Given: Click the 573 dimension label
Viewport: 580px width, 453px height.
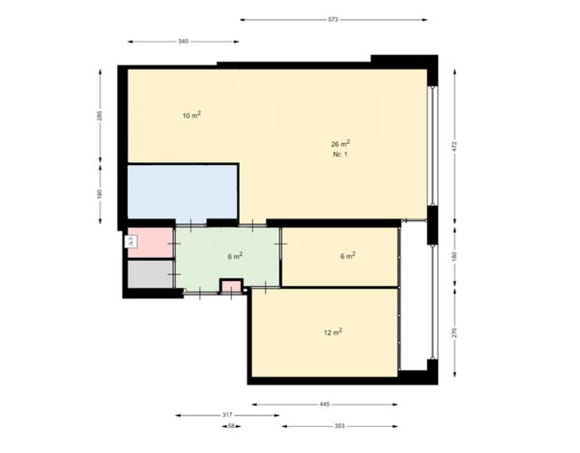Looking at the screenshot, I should click(x=333, y=19).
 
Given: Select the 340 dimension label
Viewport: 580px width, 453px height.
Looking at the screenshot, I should click(x=183, y=42).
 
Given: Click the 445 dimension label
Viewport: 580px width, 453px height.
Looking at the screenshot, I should click(x=324, y=404).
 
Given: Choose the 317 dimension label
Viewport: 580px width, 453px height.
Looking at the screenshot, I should click(x=227, y=414).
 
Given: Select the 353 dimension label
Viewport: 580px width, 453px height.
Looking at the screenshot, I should click(x=339, y=425).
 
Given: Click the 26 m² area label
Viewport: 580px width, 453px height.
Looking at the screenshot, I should click(x=339, y=144).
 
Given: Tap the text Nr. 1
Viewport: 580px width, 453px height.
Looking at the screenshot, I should click(x=339, y=155).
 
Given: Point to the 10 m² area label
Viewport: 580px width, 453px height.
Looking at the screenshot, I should click(x=191, y=115).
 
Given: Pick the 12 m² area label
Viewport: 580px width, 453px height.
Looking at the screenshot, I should click(x=333, y=332).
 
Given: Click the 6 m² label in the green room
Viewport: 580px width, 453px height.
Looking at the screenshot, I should click(x=235, y=256).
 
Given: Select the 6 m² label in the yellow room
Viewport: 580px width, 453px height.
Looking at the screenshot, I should click(x=348, y=256).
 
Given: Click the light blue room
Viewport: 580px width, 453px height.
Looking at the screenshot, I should click(x=183, y=193).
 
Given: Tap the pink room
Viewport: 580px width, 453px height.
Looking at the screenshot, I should click(x=153, y=243).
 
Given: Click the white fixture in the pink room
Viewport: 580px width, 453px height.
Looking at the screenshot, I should click(x=132, y=241).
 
